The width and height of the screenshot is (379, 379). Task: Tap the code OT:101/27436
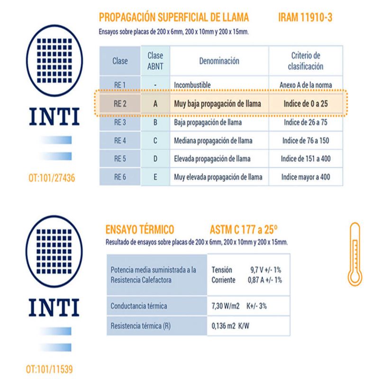52,179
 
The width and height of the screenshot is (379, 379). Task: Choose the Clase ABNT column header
155,61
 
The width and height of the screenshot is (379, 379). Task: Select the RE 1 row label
120,85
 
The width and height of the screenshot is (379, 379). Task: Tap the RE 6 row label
120,177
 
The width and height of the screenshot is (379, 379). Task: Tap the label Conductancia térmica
138,306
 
